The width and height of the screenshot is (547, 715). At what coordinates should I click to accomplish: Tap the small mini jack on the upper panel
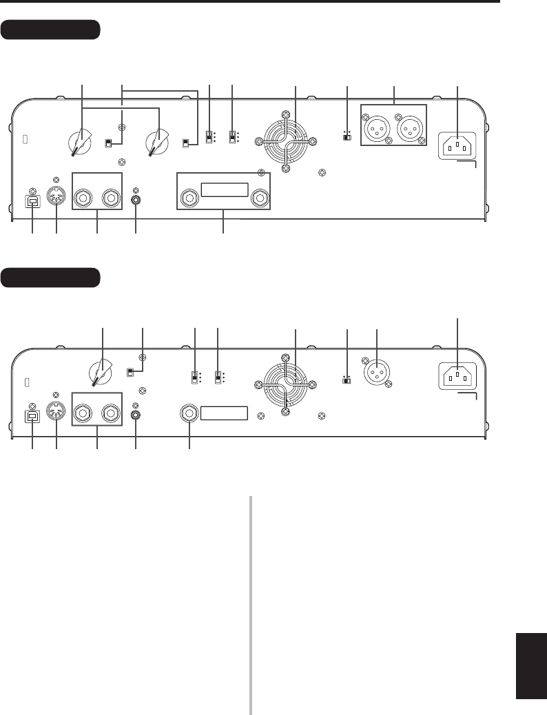click(136, 200)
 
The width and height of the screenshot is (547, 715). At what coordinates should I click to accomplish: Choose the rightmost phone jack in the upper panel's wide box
click(260, 199)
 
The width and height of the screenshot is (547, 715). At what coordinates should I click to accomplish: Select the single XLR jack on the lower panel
click(378, 373)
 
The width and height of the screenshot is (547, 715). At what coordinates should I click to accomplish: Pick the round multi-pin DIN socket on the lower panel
click(56, 413)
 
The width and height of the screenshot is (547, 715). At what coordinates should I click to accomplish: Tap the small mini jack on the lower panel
click(136, 415)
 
